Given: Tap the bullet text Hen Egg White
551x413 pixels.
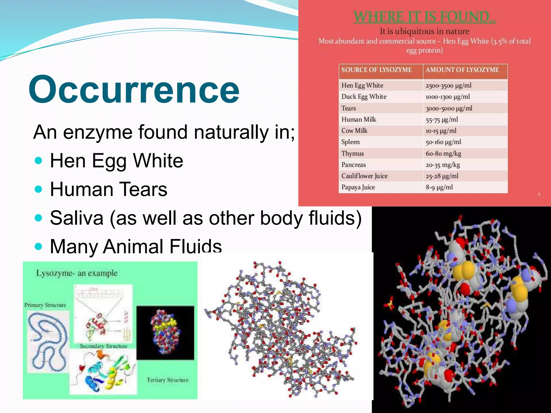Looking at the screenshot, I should [x=116, y=161].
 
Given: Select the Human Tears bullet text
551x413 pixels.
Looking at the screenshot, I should [x=108, y=189].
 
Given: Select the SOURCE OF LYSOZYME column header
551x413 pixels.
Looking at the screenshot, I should [x=376, y=70].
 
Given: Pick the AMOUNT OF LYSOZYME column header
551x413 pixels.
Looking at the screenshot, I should [x=462, y=70].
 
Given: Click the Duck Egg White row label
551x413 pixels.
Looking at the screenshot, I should [x=364, y=97].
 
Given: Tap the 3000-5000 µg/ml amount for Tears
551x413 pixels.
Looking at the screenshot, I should [x=449, y=108].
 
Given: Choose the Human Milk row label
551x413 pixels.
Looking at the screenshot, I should [x=359, y=119].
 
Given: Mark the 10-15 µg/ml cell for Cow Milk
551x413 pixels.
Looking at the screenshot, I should [x=441, y=131].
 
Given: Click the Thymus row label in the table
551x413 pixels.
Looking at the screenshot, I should [x=352, y=154].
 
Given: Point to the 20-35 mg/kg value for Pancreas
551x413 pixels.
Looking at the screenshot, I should [x=443, y=165].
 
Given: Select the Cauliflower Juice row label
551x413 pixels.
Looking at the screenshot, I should [x=364, y=176].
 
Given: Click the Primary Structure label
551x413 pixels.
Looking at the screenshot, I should [x=45, y=305].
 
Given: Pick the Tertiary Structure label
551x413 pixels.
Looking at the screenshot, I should [x=168, y=380].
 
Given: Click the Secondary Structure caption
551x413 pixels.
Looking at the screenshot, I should [x=103, y=346].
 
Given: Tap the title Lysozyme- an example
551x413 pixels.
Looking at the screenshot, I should [x=77, y=273].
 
